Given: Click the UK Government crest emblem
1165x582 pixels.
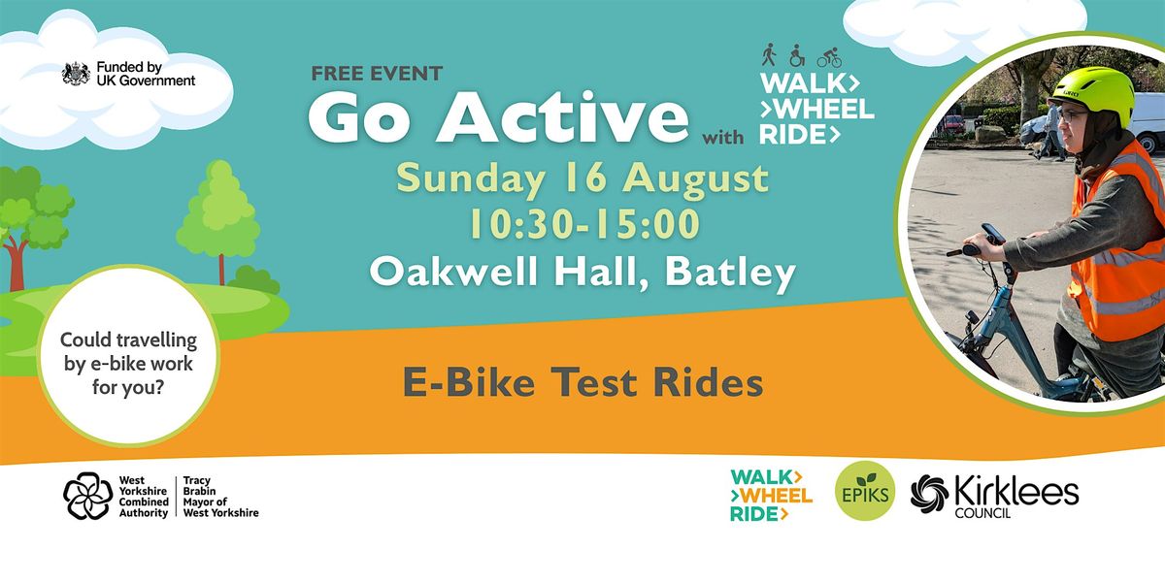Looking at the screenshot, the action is tap(76, 74).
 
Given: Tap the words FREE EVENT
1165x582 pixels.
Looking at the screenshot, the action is tap(377, 74).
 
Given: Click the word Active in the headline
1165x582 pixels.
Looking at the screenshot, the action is tap(564, 117).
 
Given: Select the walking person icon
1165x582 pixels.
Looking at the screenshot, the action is tap(769, 55).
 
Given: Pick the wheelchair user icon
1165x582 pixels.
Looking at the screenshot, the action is tap(797, 55).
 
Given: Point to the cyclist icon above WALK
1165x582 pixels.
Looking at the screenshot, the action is tap(829, 57).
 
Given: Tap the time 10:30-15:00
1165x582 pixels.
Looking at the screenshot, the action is tap(584, 224).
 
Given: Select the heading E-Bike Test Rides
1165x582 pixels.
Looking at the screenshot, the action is tap(583, 382).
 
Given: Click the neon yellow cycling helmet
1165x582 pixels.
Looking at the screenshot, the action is tap(1093, 95).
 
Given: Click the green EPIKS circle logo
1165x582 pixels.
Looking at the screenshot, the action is tap(864, 491).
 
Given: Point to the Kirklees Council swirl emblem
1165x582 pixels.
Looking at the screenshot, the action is tap(930, 494).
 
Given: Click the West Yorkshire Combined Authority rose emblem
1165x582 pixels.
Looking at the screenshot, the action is tap(88, 496).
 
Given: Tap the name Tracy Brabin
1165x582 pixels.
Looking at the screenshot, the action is tap(199, 485).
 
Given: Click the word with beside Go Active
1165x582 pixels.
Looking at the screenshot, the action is tap(723, 138).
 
